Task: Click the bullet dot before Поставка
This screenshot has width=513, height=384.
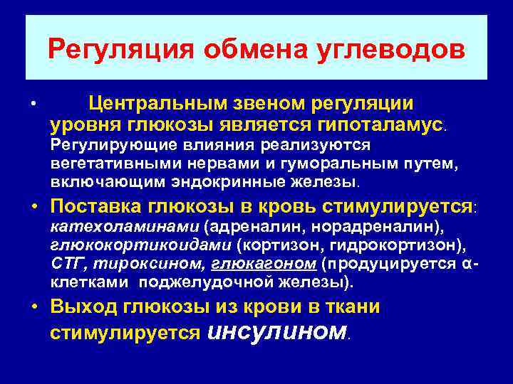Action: click(33, 207)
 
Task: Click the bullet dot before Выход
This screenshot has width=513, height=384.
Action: click(33, 308)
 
